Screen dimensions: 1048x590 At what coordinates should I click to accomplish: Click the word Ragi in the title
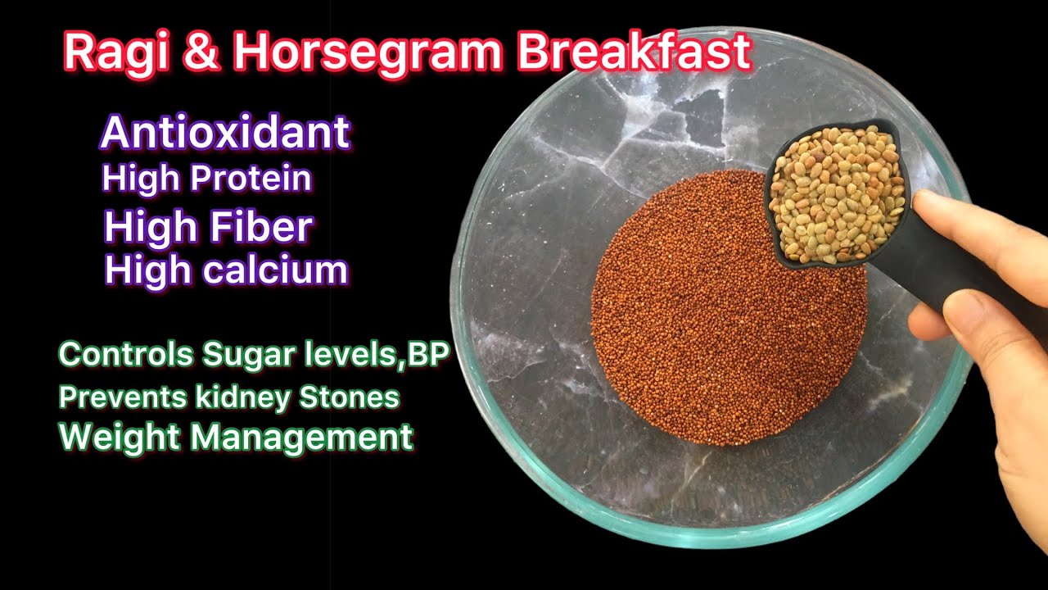(115, 52)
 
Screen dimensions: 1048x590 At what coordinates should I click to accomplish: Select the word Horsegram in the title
(368, 52)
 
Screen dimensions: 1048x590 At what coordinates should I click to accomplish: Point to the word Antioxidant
(225, 132)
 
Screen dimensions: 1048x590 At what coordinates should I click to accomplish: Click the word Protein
(251, 178)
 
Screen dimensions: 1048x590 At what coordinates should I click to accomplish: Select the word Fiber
(261, 226)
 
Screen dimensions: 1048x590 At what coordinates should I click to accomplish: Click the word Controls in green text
(126, 354)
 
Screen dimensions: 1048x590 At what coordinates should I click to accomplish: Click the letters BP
(428, 353)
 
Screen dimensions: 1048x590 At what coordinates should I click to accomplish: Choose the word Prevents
(123, 397)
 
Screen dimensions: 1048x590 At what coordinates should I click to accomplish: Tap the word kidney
(243, 398)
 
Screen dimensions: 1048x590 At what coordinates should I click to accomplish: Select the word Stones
(349, 397)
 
